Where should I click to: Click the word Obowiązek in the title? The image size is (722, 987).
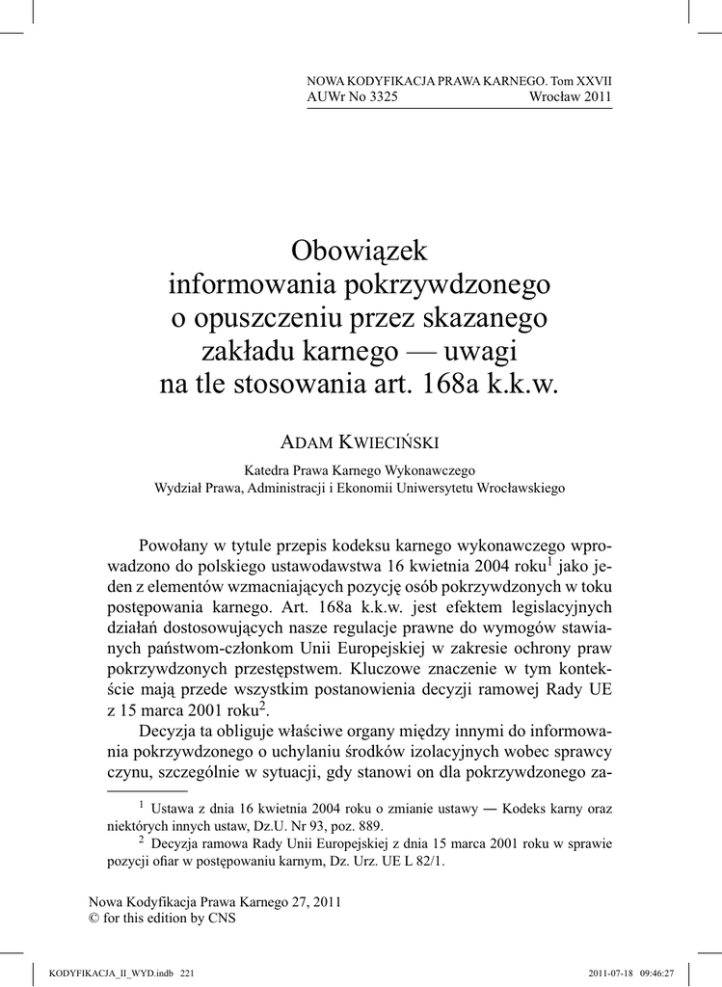click(x=359, y=253)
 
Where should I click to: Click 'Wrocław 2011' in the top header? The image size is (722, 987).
click(x=571, y=97)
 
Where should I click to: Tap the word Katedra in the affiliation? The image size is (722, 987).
click(x=266, y=471)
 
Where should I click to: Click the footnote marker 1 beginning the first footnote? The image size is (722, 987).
click(x=141, y=803)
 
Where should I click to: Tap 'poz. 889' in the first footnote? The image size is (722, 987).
click(x=361, y=826)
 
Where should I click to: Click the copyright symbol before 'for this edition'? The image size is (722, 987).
click(x=94, y=919)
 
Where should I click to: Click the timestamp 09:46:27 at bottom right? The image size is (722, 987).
click(x=655, y=974)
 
